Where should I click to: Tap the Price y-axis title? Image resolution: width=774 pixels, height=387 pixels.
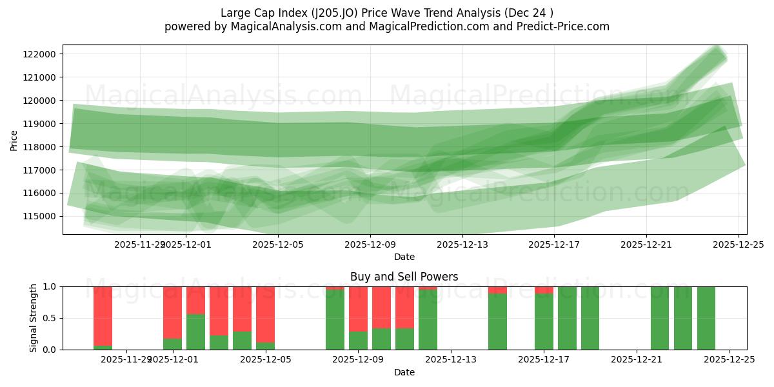tap(14, 139)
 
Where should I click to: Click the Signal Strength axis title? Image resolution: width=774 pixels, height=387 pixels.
tap(34, 317)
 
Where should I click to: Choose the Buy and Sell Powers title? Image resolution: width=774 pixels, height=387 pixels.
tap(404, 277)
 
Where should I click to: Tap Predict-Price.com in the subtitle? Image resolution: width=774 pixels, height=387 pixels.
tap(561, 26)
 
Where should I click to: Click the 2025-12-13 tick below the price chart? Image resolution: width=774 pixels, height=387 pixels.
tap(462, 244)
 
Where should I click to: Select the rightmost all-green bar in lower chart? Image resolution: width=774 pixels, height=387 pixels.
tap(706, 318)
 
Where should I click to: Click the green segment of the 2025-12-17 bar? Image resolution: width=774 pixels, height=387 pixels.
tap(544, 322)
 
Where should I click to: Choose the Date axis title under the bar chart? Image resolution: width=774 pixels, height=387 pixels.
tap(404, 372)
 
